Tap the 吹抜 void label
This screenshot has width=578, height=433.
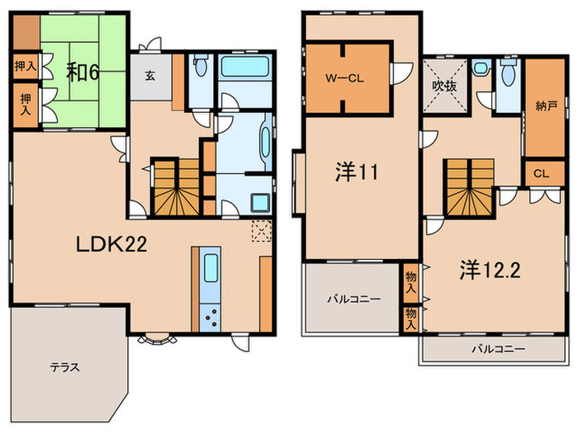pyautogui.click(x=443, y=84)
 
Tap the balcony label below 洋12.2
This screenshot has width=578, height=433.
pyautogui.click(x=498, y=349)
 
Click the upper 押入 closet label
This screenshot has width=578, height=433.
pyautogui.click(x=25, y=66)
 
